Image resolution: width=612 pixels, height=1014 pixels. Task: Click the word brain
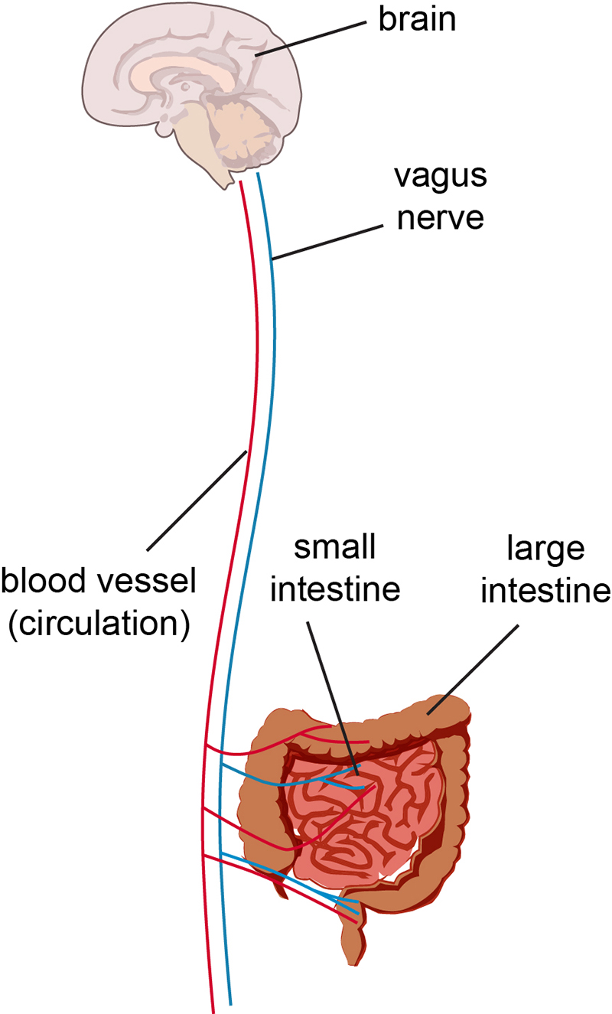point(417,21)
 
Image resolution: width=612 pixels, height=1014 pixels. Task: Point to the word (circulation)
point(98,624)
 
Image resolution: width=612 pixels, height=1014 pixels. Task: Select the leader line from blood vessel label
point(196,500)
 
